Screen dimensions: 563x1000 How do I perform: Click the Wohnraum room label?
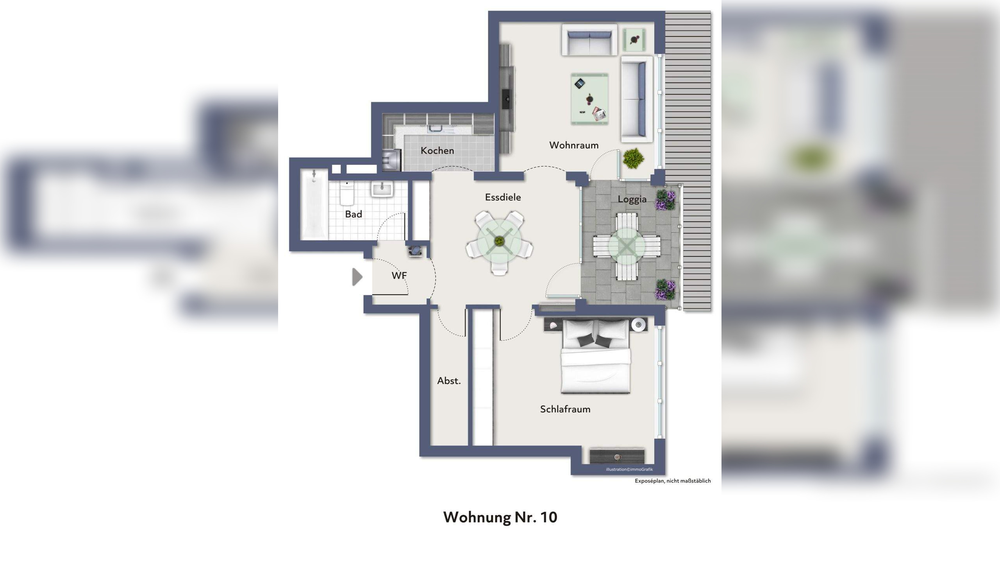(573, 145)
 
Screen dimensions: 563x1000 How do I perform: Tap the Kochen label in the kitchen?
(437, 151)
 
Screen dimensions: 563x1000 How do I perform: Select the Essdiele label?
(503, 197)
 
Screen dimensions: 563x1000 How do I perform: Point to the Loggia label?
(632, 199)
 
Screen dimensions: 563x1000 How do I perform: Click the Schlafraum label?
(565, 409)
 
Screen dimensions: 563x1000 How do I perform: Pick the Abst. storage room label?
(449, 380)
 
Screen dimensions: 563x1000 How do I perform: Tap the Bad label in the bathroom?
(354, 214)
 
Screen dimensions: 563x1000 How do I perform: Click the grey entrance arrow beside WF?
(357, 277)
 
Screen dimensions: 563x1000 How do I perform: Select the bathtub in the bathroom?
(314, 204)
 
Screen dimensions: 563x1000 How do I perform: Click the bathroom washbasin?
(382, 190)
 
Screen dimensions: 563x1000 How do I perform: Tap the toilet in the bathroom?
(347, 193)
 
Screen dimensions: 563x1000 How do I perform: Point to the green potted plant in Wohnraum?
(633, 158)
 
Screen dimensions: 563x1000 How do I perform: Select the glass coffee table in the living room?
(589, 99)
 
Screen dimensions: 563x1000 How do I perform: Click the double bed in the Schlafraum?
(596, 356)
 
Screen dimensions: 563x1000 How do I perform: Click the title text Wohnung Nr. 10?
(500, 517)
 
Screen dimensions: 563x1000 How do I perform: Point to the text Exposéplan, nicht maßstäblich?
(672, 481)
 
